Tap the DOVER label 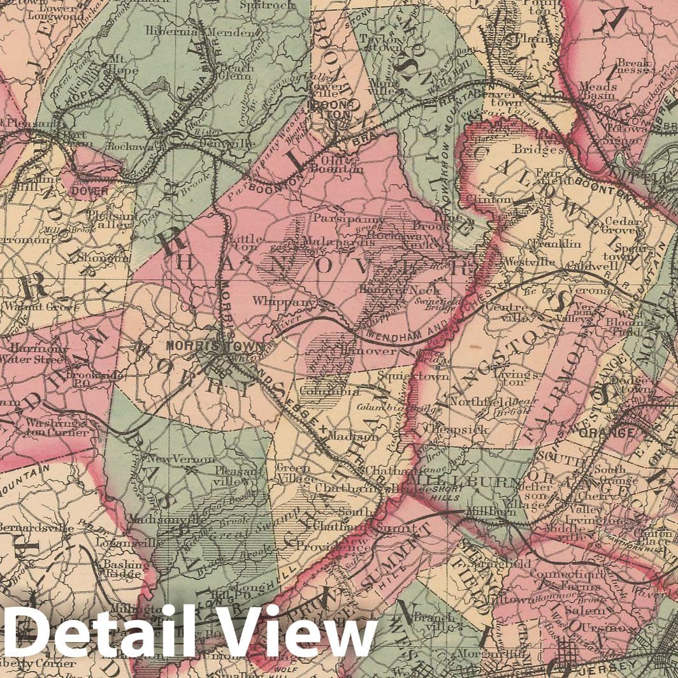(x=89, y=190)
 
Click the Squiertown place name (x=414, y=376)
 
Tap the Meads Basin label (x=598, y=91)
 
